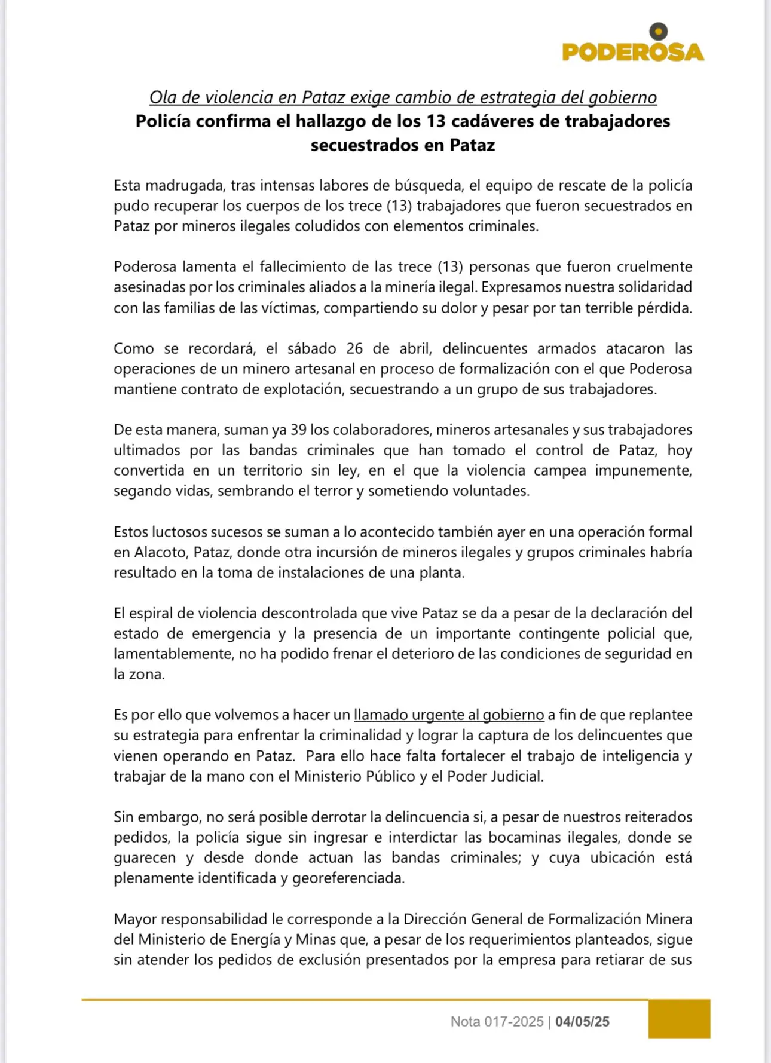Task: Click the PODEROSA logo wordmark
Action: [x=633, y=52]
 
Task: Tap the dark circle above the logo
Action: [x=658, y=30]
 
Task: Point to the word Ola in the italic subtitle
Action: [x=163, y=97]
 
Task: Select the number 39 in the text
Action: [x=299, y=430]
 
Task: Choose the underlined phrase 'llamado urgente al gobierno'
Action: [x=449, y=715]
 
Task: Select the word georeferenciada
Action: [x=348, y=878]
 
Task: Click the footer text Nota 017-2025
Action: [x=497, y=1022]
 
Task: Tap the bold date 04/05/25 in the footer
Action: [x=582, y=1022]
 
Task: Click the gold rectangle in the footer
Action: [x=679, y=1019]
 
